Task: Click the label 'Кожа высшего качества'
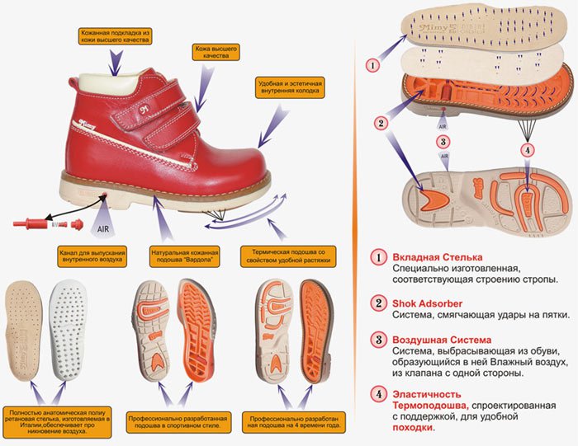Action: (215, 51)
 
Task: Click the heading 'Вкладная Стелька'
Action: (438, 257)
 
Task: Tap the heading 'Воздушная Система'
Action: (441, 340)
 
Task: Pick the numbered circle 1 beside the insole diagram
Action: (372, 63)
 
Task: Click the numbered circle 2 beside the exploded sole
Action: (381, 124)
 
